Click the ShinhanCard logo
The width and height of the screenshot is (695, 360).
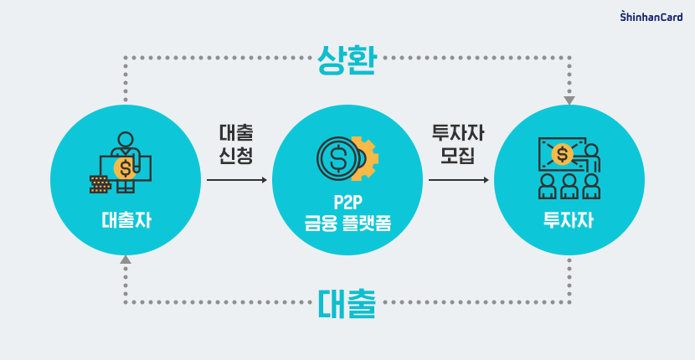point(651,16)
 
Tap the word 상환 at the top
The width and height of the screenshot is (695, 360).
point(346,58)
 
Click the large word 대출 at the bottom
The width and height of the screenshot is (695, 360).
point(347,303)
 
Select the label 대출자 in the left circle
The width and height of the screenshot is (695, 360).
point(125,222)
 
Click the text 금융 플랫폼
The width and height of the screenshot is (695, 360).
point(347,224)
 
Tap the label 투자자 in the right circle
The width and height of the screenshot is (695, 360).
point(569,222)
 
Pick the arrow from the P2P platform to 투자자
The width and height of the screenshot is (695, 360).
point(458,180)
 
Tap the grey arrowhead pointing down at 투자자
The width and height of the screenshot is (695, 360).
point(569,100)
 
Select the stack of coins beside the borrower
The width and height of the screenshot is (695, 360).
point(100,184)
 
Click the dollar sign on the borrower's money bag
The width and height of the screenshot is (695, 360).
point(126,168)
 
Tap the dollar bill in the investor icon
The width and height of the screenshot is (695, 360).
point(562,154)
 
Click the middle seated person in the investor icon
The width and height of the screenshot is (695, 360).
point(569,185)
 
